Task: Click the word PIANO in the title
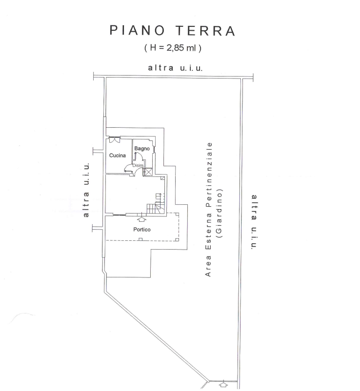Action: pyautogui.click(x=137, y=30)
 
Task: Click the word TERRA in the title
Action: pyautogui.click(x=206, y=30)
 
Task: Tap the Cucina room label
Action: pyautogui.click(x=117, y=156)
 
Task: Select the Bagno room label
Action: pyautogui.click(x=142, y=149)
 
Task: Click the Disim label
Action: pyautogui.click(x=138, y=165)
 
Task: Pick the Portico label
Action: pyautogui.click(x=141, y=230)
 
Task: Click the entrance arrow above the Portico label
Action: pyautogui.click(x=141, y=218)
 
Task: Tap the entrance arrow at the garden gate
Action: pyautogui.click(x=224, y=384)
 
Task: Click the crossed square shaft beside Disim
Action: pyautogui.click(x=148, y=172)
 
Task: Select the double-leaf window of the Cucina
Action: pyautogui.click(x=115, y=139)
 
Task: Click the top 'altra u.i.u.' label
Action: pyautogui.click(x=175, y=68)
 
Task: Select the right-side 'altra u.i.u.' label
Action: pyautogui.click(x=254, y=222)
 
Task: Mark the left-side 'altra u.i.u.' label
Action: pyautogui.click(x=86, y=190)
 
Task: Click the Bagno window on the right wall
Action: pyautogui.click(x=155, y=149)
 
